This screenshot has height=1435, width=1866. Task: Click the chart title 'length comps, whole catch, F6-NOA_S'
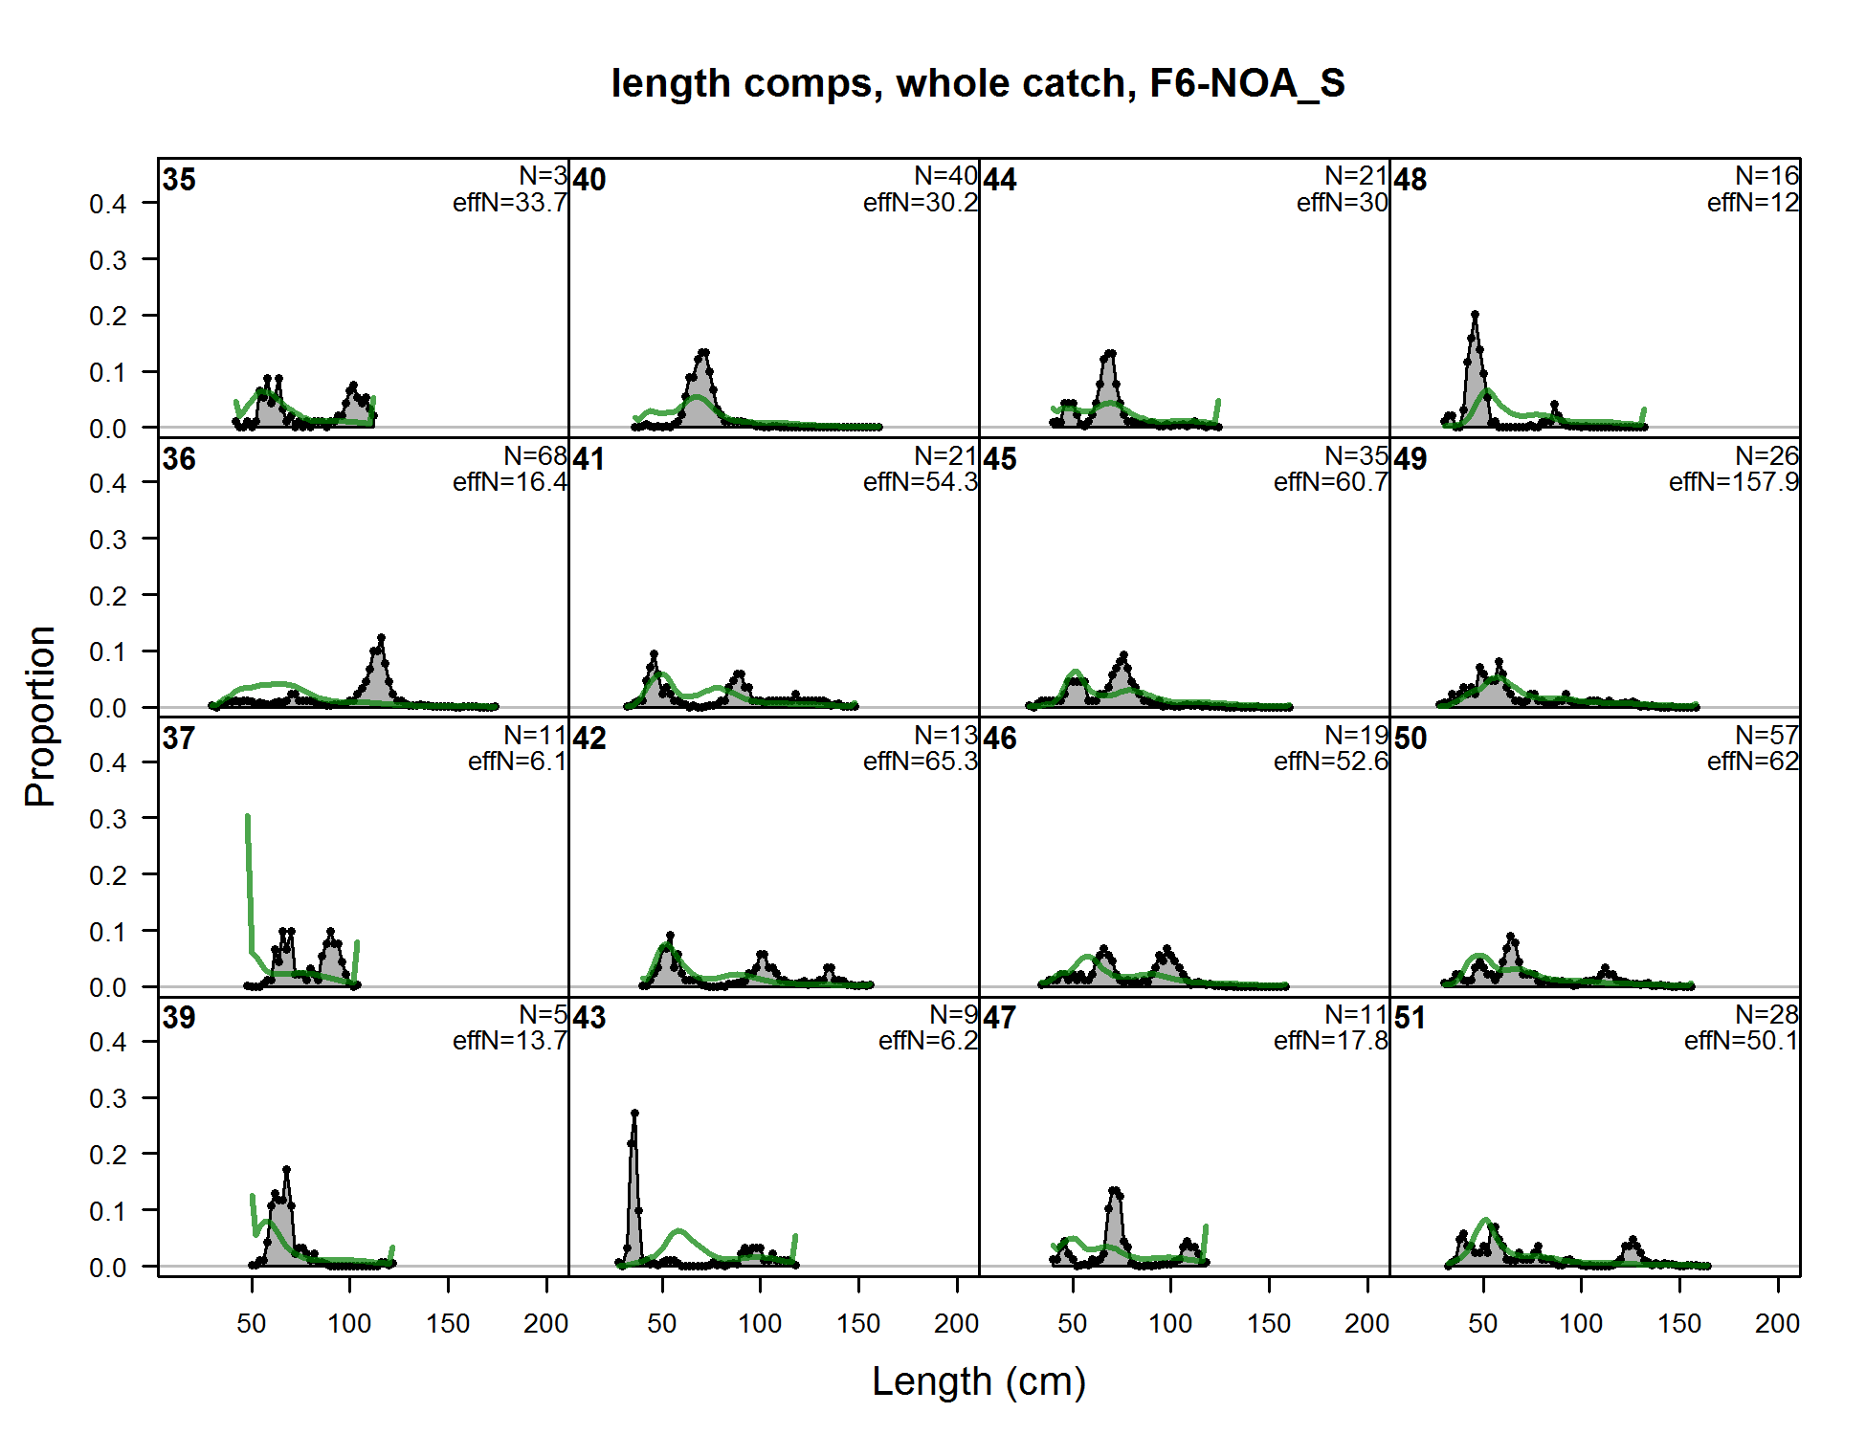[978, 83]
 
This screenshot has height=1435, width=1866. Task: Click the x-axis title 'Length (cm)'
[978, 1381]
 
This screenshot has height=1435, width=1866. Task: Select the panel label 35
[179, 180]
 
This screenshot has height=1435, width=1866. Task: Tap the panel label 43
[589, 1018]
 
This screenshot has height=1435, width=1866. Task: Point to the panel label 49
[1411, 459]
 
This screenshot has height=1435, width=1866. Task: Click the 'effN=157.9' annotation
[1733, 482]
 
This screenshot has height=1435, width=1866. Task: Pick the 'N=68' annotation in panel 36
[535, 456]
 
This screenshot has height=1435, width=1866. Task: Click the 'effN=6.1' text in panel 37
[517, 762]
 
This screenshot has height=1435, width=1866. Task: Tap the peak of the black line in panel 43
[634, 1114]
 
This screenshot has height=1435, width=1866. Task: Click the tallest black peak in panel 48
[1475, 315]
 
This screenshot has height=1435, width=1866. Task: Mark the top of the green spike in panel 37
[248, 816]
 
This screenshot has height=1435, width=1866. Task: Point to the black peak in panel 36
[381, 638]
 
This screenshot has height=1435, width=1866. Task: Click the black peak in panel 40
[704, 353]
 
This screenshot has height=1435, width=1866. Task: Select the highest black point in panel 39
[286, 1170]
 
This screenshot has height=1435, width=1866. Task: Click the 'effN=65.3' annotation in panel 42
[920, 762]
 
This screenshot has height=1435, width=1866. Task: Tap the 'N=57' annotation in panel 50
[1766, 736]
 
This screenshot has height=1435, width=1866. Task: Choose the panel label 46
[1000, 739]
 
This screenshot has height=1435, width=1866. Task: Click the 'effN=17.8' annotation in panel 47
[1330, 1041]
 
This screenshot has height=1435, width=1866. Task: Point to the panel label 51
[1410, 1018]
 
